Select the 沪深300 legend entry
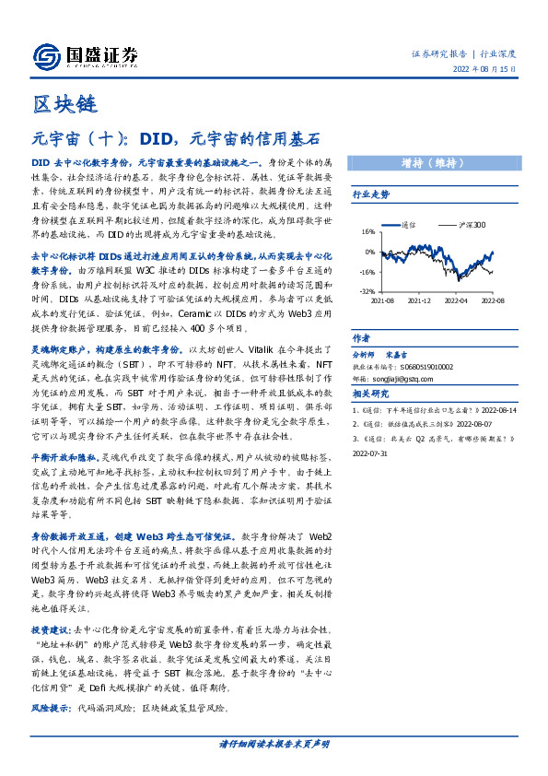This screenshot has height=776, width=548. tap(469, 224)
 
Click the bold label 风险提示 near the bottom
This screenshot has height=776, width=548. tap(50, 709)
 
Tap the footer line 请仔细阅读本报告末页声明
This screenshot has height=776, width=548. tap(274, 744)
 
